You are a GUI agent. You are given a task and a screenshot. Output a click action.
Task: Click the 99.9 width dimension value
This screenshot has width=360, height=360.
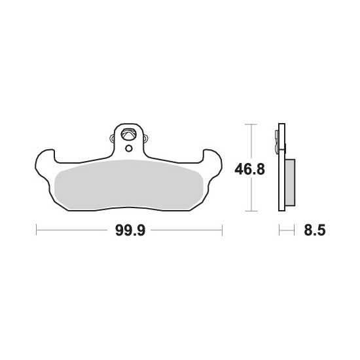pyautogui.click(x=130, y=230)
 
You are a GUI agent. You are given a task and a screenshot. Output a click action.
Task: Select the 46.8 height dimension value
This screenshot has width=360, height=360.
pyautogui.click(x=249, y=170)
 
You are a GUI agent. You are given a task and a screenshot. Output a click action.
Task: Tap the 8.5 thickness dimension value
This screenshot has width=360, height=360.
pyautogui.click(x=315, y=230)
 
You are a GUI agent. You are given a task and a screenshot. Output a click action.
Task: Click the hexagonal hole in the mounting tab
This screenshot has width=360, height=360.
pyautogui.click(x=128, y=134)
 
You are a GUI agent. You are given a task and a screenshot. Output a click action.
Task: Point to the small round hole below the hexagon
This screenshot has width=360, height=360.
pyautogui.click(x=129, y=149)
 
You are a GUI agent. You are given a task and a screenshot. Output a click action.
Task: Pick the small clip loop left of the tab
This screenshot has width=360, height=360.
pyautogui.click(x=112, y=138)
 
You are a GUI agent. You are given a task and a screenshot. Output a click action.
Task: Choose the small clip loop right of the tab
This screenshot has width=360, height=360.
pyautogui.click(x=146, y=138)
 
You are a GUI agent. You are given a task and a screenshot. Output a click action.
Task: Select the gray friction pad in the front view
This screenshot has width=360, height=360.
pyautogui.click(x=128, y=185)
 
